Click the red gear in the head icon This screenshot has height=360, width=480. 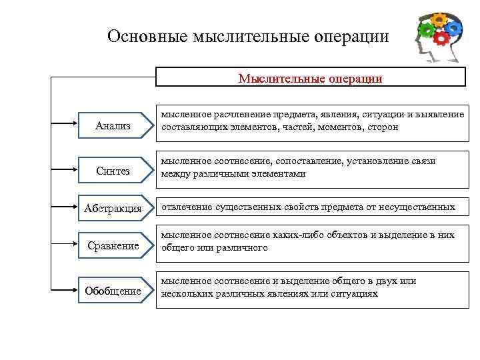tap(441, 38)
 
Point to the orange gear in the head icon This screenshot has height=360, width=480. tap(439, 19)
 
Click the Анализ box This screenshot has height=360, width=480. tap(113, 125)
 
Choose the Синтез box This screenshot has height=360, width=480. tap(113, 171)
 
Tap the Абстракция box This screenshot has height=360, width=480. tap(113, 209)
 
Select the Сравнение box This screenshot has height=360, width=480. tap(113, 245)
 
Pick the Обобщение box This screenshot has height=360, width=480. tap(113, 291)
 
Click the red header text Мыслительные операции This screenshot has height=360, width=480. tap(310, 79)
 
